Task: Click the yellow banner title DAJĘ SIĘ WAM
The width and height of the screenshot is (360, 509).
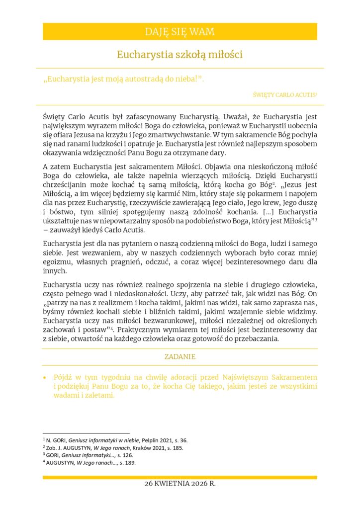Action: point(180,32)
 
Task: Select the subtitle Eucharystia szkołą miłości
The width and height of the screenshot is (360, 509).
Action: point(180,54)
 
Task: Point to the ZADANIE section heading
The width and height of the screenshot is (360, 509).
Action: point(180,356)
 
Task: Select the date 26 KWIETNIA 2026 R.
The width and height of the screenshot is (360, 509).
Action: point(180,483)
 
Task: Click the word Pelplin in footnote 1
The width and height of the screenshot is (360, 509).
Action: point(152,440)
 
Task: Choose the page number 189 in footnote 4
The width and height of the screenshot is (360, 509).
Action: point(128,463)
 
